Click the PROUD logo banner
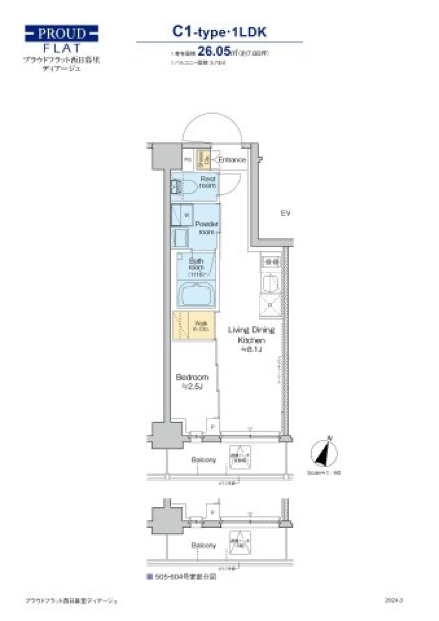pyautogui.click(x=61, y=34)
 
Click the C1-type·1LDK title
pyautogui.click(x=219, y=32)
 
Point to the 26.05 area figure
pyautogui.click(x=214, y=51)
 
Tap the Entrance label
pyautogui.click(x=232, y=160)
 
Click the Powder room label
pyautogui.click(x=206, y=227)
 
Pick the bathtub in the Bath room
pyautogui.click(x=196, y=295)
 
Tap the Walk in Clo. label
pyautogui.click(x=201, y=326)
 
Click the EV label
pyautogui.click(x=286, y=213)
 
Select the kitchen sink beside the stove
pyautogui.click(x=270, y=283)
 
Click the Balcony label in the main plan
pyautogui.click(x=203, y=460)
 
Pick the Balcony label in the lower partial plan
pyautogui.click(x=203, y=545)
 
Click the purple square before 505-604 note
pyautogui.click(x=149, y=577)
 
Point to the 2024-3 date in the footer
pyautogui.click(x=394, y=600)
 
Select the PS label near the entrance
pyautogui.click(x=187, y=160)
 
